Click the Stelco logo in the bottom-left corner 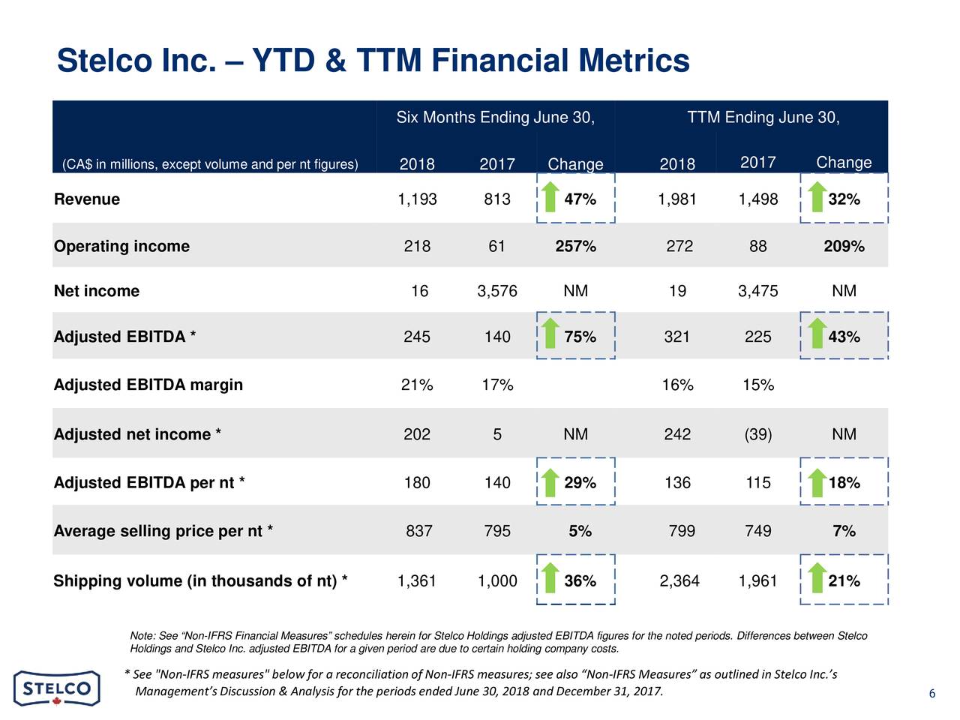56,688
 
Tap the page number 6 931,694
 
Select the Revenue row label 87,199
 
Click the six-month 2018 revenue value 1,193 417,199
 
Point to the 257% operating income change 575,247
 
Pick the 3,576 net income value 496,292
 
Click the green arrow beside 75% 550,334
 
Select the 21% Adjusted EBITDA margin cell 417,385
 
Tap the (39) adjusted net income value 757,435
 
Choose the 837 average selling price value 418,532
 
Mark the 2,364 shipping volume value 679,581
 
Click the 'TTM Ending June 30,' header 763,118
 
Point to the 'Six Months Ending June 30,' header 495,118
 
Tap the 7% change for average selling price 844,532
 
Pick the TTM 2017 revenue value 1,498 757,199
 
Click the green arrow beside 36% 550,578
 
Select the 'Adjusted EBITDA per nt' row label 148,483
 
